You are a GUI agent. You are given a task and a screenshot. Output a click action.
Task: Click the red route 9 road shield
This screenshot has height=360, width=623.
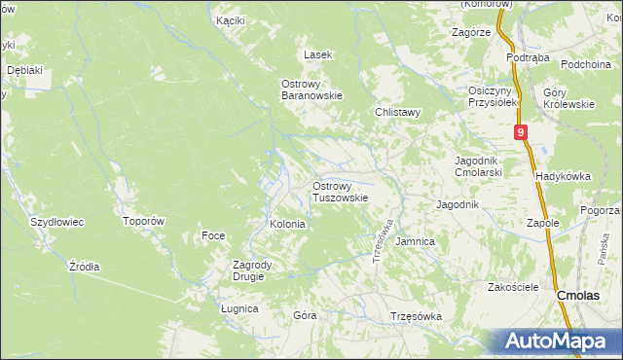pyautogui.click(x=523, y=132)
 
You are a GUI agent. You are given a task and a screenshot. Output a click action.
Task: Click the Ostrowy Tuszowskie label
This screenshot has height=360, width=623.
pyautogui.click(x=339, y=191)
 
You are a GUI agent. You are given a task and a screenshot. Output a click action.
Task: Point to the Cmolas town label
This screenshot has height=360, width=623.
pyautogui.click(x=582, y=294)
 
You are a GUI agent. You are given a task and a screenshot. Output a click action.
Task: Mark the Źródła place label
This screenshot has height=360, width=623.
pyautogui.click(x=85, y=266)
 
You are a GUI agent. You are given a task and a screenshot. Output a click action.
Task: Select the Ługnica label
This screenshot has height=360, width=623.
pyautogui.click(x=239, y=308)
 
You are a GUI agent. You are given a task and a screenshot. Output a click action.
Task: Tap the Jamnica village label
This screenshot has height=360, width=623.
pyautogui.click(x=416, y=240)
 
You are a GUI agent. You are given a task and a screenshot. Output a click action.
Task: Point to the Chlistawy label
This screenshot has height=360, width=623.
pyautogui.click(x=398, y=112)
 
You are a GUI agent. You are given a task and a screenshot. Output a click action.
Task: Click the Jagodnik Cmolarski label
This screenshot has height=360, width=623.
pyautogui.click(x=478, y=166)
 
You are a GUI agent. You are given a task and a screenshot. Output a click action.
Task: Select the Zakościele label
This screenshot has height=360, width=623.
pyautogui.click(x=513, y=287)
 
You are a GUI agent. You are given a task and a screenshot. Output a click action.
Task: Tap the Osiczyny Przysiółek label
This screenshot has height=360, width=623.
pyautogui.click(x=490, y=95)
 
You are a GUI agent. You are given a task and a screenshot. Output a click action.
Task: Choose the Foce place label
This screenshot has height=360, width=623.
pyautogui.click(x=213, y=235)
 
